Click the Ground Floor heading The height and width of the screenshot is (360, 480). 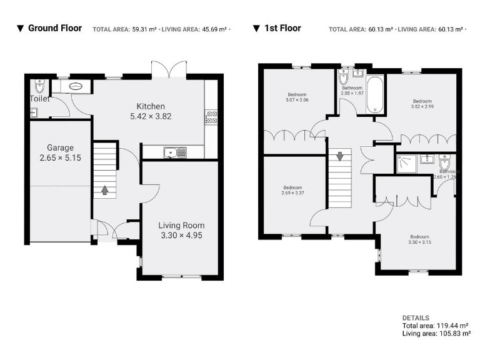[54, 28]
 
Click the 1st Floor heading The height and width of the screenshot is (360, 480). [282, 28]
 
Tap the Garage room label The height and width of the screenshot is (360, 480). [60, 148]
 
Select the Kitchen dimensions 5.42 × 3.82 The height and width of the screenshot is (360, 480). [150, 116]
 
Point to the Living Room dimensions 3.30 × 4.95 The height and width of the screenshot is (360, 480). [181, 236]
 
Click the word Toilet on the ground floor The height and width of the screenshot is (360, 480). [39, 99]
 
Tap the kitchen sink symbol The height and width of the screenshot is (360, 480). [172, 152]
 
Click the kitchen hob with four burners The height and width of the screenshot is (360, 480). [211, 118]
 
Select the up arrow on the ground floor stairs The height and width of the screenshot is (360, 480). [104, 189]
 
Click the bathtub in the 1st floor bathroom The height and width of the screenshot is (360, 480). [375, 95]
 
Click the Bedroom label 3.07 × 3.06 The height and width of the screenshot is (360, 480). [297, 97]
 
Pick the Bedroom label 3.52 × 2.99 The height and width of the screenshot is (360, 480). [422, 104]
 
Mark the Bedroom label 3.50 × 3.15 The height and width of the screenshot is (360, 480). [419, 239]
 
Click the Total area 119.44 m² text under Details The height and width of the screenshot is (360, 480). [436, 326]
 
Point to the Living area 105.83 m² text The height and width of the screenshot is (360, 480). [436, 334]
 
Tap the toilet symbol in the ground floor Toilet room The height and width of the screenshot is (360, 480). [41, 85]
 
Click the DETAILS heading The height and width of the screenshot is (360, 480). [416, 317]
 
